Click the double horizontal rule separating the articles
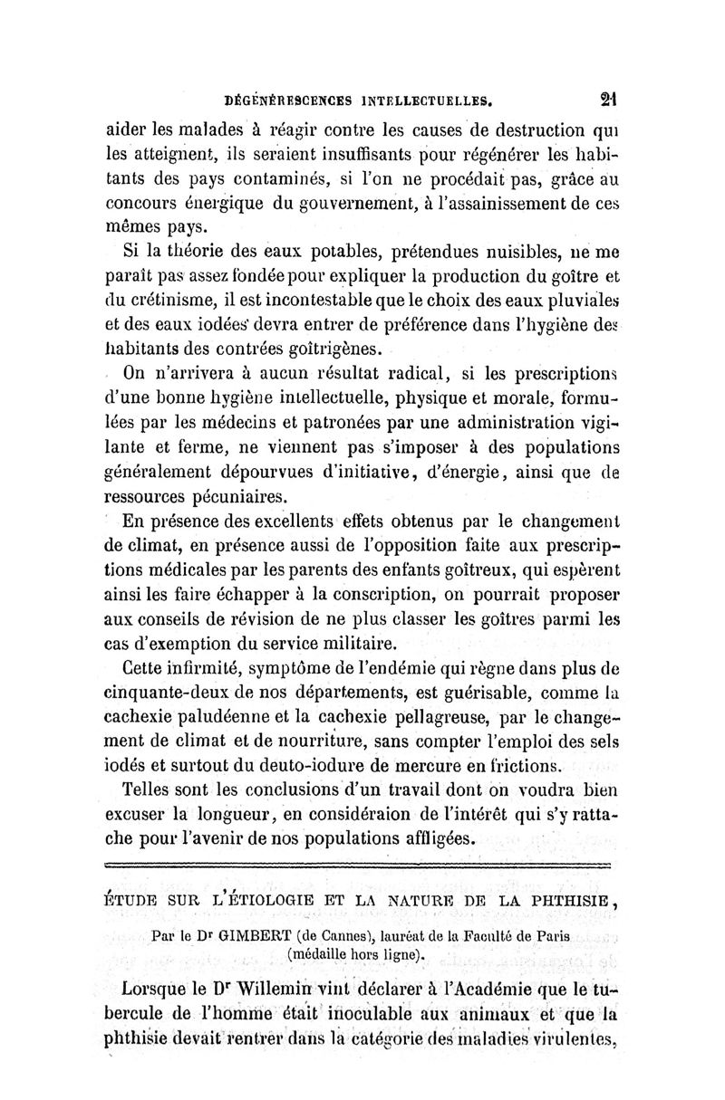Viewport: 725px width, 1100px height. (362, 865)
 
